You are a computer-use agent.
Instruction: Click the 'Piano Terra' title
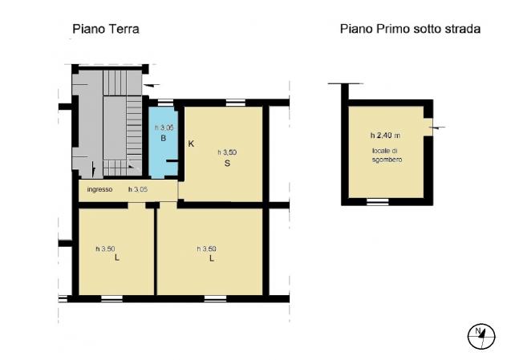click(x=106, y=29)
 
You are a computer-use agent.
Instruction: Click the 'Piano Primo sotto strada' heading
click(x=410, y=29)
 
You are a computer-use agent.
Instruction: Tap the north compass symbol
click(x=481, y=336)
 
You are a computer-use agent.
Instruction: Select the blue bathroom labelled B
click(x=164, y=142)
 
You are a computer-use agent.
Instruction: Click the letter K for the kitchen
click(x=191, y=144)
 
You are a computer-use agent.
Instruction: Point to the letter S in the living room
click(x=227, y=164)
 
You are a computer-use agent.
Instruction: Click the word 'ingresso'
click(x=99, y=189)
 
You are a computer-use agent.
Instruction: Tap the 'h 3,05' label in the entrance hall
click(x=138, y=189)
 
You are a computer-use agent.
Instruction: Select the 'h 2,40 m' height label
click(x=385, y=136)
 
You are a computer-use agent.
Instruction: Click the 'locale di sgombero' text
click(x=387, y=155)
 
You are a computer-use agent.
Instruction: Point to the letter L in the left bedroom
click(x=117, y=258)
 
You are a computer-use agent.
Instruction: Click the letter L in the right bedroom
click(x=212, y=258)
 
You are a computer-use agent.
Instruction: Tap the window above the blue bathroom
click(x=165, y=103)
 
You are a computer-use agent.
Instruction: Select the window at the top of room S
click(x=236, y=103)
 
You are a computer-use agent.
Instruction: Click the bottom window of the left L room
click(x=112, y=298)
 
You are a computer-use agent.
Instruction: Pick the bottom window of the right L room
click(x=215, y=298)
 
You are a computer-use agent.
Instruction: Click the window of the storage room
click(x=377, y=202)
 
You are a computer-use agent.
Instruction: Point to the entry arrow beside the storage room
click(x=437, y=127)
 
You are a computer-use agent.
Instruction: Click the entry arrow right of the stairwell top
click(x=152, y=85)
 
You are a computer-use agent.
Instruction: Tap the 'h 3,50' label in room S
click(x=227, y=152)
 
